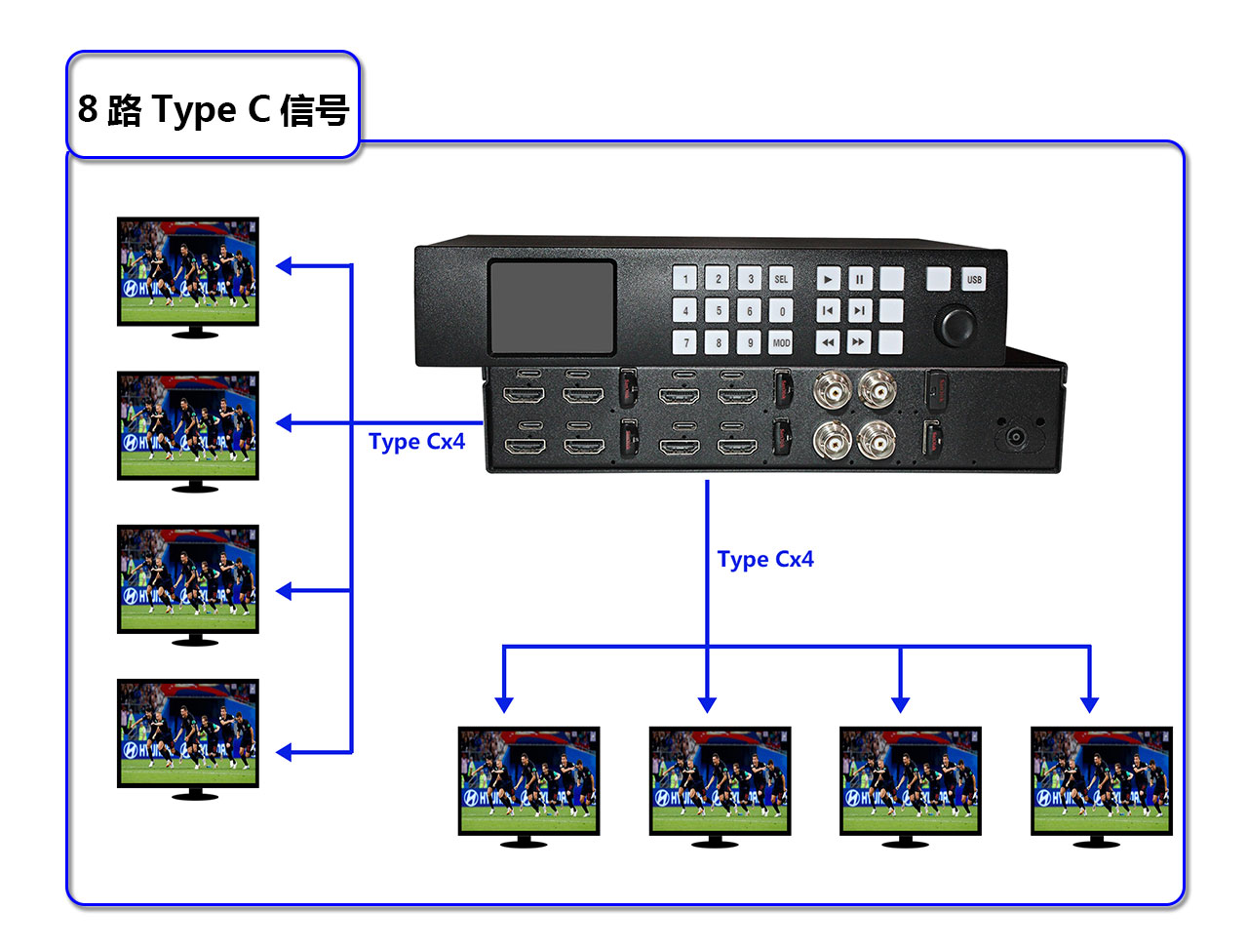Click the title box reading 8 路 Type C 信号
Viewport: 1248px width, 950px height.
point(213,107)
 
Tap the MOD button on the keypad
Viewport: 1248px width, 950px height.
point(781,342)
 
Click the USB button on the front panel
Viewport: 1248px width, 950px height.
point(974,279)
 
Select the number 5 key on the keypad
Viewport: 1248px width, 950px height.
point(718,311)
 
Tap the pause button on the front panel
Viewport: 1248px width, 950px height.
point(859,279)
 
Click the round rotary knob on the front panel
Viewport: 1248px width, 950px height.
point(955,325)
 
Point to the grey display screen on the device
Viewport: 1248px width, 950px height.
point(552,306)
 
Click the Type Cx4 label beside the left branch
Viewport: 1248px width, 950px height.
point(416,442)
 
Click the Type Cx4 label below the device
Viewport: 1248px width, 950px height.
point(765,560)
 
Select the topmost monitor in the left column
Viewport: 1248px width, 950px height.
point(188,272)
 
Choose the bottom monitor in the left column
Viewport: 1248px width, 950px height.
point(188,733)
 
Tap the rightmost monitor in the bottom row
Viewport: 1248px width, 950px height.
point(1102,781)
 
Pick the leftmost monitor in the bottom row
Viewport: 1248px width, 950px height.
point(528,781)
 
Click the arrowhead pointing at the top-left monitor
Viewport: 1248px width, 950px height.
point(284,265)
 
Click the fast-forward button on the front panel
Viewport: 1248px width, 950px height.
point(858,342)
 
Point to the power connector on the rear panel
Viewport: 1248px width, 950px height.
point(1017,436)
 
